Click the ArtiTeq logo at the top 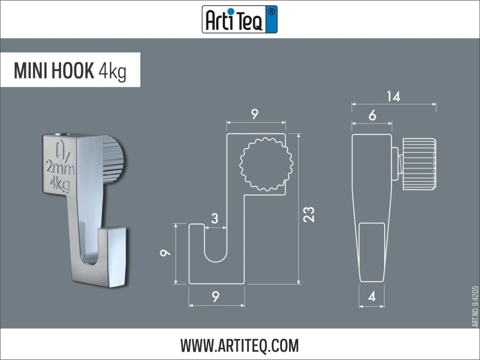(239, 19)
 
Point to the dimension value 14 (393, 96)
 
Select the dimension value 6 (372, 116)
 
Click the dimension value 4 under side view (372, 297)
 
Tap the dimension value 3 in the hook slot (215, 218)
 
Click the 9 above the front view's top (255, 114)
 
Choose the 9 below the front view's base (216, 296)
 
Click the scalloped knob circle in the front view (266, 164)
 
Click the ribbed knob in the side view (419, 164)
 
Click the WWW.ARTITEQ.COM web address (239, 345)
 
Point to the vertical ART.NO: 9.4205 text (475, 306)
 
